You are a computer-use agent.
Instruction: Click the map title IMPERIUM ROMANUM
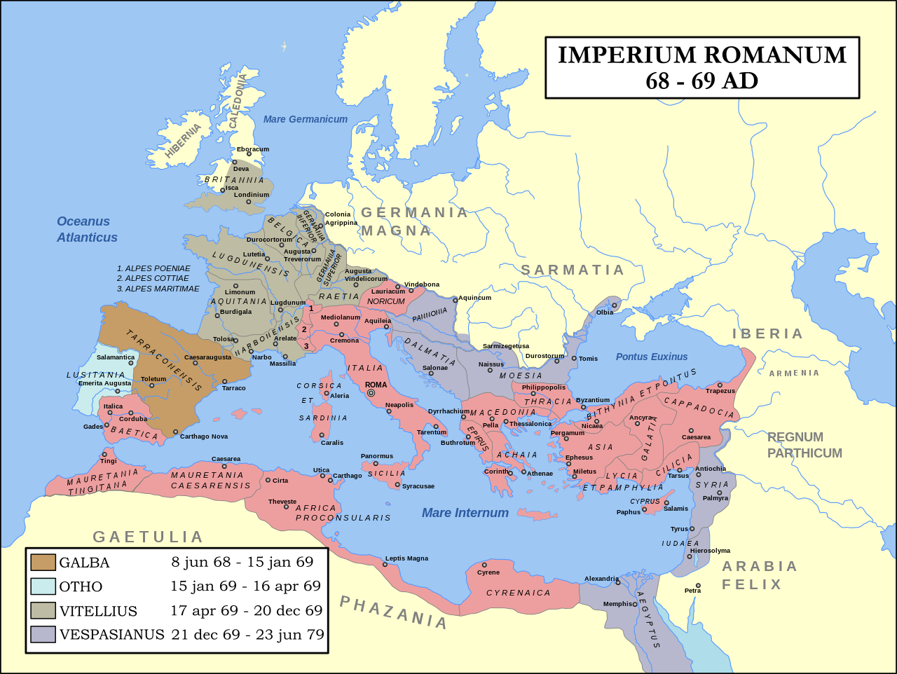(x=702, y=55)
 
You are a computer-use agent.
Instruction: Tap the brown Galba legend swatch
(x=43, y=562)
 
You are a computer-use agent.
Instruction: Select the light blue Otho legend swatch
(x=43, y=586)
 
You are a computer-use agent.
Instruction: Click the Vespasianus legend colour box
(x=43, y=635)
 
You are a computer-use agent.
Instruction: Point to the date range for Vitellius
(x=246, y=610)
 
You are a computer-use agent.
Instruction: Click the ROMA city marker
(x=371, y=393)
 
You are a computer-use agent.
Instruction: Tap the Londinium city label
(x=252, y=195)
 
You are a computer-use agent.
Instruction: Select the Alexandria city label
(x=601, y=579)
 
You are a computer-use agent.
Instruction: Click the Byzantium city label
(x=593, y=400)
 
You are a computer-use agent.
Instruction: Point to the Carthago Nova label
(x=204, y=436)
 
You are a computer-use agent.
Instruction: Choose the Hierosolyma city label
(x=710, y=551)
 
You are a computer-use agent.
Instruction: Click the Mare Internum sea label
(x=465, y=513)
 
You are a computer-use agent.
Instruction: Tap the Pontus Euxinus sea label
(x=652, y=357)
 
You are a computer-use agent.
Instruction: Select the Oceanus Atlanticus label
(x=87, y=229)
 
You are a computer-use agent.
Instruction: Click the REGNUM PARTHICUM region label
(x=804, y=445)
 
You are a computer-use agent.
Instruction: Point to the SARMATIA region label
(x=573, y=270)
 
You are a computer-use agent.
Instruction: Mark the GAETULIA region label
(x=148, y=537)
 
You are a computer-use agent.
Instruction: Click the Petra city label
(x=693, y=591)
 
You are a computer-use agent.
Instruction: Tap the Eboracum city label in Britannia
(x=253, y=149)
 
